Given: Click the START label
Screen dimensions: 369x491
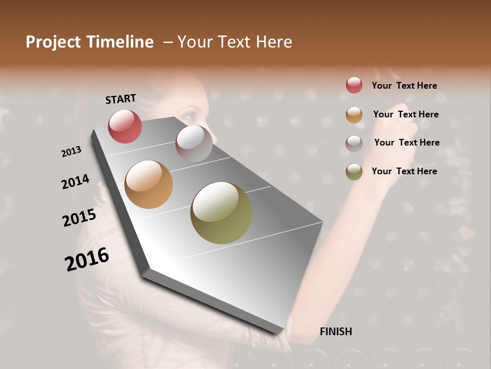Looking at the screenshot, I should tap(121, 99).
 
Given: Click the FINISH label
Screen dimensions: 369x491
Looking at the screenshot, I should tap(336, 332).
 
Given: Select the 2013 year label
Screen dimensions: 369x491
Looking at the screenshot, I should tap(71, 152).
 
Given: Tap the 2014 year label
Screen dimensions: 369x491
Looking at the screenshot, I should tap(75, 182).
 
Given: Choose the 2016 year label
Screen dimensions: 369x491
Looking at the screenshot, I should tap(86, 259).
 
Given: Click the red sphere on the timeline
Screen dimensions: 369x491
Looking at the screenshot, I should tap(125, 127).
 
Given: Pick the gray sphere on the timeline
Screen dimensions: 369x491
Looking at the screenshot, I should tap(194, 143).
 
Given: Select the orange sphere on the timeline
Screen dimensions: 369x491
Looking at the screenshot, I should tap(148, 184).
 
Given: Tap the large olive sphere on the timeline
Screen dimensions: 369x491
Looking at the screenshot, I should tap(221, 213).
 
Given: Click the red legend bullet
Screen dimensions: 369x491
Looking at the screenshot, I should tap(354, 85).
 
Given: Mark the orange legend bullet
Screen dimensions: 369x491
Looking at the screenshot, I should tap(354, 115).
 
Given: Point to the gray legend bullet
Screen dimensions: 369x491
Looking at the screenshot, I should tap(354, 143).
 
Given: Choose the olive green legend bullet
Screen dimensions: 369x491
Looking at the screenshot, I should tap(354, 172).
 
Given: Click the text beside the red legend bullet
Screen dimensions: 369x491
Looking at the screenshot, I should tap(404, 86).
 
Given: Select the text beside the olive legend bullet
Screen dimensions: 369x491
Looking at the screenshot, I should tap(404, 171).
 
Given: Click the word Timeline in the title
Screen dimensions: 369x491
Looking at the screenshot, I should tap(121, 42).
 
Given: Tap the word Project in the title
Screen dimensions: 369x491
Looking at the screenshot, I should tap(53, 42).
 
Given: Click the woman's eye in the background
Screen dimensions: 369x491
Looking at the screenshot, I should tap(189, 114).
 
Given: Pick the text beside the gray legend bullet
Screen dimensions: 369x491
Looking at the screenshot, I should tap(407, 142).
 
